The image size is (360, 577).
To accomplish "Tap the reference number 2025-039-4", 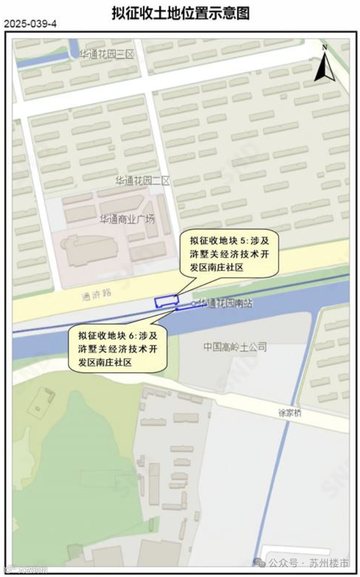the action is pos(30,24).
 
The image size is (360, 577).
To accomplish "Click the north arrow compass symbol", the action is pos(325,67).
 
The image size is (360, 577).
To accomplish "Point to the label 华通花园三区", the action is pos(107,55).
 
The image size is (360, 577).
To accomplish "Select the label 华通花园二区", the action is pos(142,181).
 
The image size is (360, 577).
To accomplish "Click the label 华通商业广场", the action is pos(127,219).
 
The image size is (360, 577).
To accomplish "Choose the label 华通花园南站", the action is pos(225,303).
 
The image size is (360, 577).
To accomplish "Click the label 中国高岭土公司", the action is pos(235,347).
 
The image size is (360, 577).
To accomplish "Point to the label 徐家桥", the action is pos(290,413).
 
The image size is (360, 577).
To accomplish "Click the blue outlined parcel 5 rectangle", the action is pos(166,301).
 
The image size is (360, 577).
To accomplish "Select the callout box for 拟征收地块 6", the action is pos(118,349).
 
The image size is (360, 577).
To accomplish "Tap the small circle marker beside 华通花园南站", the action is pos(193,303).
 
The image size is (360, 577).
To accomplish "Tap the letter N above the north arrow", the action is pos(325,47).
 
